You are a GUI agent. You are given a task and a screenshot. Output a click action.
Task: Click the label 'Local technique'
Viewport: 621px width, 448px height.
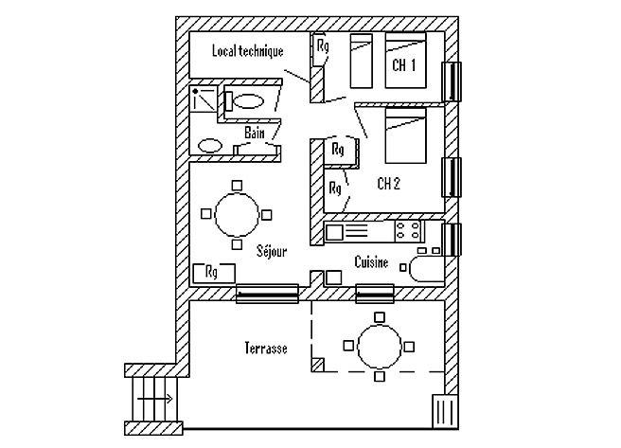click(248, 52)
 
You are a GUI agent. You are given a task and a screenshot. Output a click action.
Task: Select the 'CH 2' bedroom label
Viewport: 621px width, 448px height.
click(389, 183)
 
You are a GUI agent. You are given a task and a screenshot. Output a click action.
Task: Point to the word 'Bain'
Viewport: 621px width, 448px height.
click(255, 134)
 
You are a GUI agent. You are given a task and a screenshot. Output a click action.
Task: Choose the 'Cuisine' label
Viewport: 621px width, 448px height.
click(371, 262)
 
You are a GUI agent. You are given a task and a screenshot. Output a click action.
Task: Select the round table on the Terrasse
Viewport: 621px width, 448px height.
click(379, 348)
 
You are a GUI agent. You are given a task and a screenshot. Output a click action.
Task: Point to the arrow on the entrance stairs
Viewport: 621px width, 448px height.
click(156, 399)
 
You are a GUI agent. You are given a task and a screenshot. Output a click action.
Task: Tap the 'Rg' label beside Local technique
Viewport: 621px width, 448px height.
click(322, 45)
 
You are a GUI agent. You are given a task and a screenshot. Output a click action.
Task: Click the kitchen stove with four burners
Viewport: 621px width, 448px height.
click(408, 230)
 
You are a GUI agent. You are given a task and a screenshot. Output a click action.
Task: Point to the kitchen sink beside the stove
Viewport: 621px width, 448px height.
click(347, 230)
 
